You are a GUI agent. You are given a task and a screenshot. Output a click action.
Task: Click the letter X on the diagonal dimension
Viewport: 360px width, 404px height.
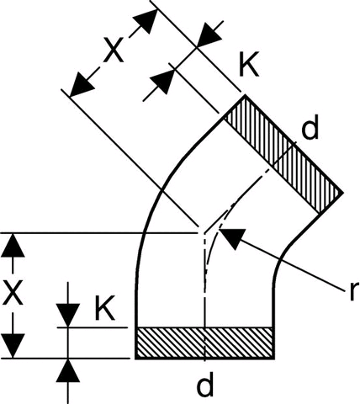coord(114,50)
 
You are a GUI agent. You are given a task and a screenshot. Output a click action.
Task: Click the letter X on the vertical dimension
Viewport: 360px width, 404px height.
coord(13,293)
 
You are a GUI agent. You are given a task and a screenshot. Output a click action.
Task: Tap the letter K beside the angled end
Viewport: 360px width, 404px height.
coord(249,64)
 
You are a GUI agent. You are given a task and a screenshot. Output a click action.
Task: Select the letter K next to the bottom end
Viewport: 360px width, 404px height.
coord(105,308)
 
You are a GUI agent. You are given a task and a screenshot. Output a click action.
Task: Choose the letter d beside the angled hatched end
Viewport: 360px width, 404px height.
coord(310,128)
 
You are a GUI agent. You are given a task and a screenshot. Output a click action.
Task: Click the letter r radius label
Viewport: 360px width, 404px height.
coord(354,291)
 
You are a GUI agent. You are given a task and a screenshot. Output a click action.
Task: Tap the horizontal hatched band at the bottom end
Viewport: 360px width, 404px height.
coord(204,343)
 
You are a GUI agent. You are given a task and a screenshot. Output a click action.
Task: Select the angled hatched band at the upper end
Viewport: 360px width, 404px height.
coord(283,154)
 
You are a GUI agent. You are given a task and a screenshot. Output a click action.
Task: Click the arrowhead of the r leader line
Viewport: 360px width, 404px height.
coord(231,237)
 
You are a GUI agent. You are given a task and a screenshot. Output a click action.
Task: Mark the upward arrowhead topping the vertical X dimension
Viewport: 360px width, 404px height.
coord(13,245)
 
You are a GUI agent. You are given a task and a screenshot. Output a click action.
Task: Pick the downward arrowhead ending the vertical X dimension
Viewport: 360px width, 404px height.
coord(13,346)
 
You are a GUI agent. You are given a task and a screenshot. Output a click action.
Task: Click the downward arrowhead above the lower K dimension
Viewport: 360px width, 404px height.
coord(68,316)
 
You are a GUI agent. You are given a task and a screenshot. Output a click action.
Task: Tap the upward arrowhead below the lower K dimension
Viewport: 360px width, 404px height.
coord(68,370)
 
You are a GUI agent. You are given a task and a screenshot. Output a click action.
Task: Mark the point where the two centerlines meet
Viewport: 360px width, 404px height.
coord(205,233)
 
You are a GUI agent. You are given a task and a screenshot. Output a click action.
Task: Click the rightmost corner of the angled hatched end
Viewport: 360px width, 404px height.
coord(343,193)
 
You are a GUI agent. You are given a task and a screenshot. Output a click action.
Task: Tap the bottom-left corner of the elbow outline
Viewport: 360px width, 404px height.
coord(136,359)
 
